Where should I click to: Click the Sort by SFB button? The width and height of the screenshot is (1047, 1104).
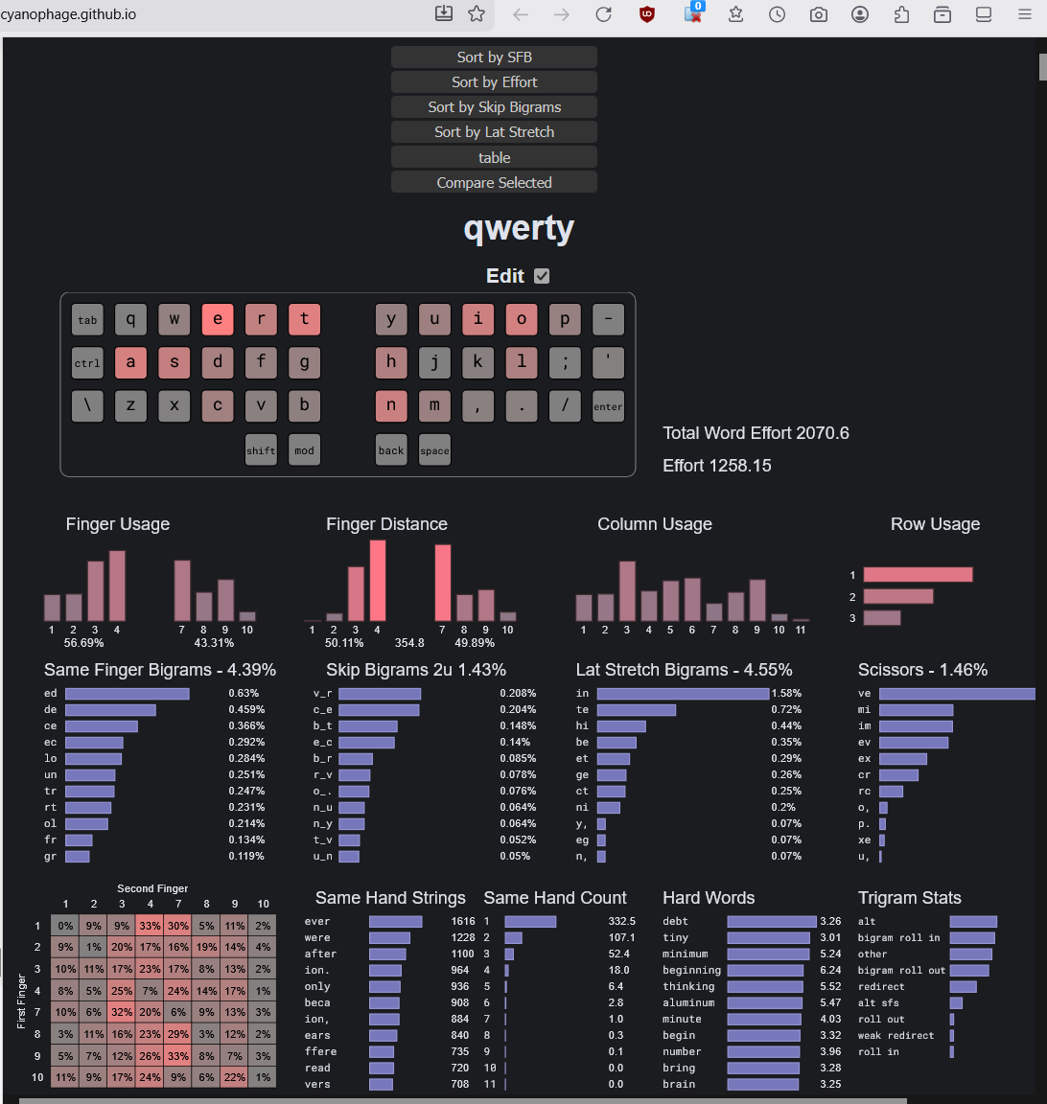(x=494, y=57)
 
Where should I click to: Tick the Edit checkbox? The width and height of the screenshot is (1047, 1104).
(x=542, y=276)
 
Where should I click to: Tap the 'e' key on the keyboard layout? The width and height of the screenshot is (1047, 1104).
(x=218, y=319)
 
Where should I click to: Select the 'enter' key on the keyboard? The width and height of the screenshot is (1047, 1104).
(x=608, y=406)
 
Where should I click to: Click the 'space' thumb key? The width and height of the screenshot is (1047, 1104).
(x=434, y=450)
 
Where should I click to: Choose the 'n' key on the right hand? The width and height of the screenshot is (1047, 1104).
(x=391, y=406)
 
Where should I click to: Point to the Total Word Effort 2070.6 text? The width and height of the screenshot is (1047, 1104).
(x=756, y=433)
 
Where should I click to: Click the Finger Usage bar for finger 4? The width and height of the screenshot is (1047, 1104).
(x=117, y=586)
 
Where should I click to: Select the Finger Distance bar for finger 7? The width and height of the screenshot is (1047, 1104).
(x=443, y=583)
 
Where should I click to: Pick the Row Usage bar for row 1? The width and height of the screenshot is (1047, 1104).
(x=918, y=575)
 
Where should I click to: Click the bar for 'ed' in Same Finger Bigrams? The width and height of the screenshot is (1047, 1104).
(x=127, y=693)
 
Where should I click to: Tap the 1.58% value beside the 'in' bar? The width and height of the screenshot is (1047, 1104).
(x=786, y=693)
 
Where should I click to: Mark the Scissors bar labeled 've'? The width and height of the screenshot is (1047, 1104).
(x=956, y=693)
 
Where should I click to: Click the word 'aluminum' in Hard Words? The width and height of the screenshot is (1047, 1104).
(x=688, y=1002)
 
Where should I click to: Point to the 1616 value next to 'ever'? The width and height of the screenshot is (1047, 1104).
(x=462, y=921)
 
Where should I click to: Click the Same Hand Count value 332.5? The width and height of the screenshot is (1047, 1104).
(x=621, y=921)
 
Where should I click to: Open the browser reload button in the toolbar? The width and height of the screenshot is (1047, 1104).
(x=603, y=14)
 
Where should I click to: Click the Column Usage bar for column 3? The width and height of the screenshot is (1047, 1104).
(x=627, y=591)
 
